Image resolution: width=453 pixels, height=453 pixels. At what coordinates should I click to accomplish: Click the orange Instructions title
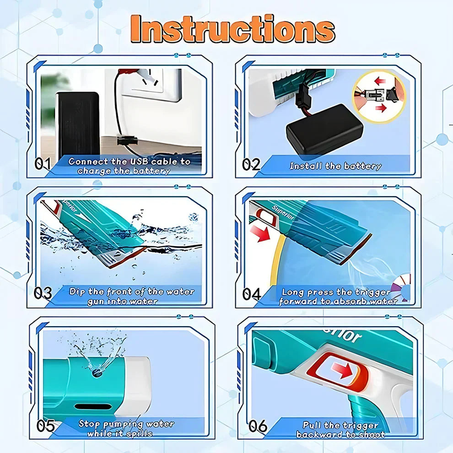233,29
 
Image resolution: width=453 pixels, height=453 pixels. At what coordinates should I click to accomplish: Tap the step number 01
43,163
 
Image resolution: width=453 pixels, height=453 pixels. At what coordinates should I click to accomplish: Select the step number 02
251,165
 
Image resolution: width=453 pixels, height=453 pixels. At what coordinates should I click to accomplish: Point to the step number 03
43,293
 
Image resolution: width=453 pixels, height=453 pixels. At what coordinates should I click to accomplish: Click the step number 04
251,294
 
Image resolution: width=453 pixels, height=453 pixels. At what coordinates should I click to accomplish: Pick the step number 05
46,426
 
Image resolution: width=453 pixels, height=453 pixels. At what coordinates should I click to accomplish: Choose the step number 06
258,426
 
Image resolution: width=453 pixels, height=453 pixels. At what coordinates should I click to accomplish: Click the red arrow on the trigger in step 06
343,370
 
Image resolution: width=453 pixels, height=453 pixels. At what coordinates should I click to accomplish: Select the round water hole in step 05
97,372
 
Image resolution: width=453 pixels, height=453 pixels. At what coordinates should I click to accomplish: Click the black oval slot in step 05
93,407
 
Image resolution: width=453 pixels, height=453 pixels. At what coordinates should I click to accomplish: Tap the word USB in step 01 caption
139,161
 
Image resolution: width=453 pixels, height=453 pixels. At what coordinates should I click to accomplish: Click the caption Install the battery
335,166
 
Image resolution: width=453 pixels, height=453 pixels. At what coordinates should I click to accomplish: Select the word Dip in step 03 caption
77,292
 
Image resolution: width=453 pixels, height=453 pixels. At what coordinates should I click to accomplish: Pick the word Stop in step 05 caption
89,424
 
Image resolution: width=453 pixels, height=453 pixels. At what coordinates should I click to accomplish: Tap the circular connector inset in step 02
379,96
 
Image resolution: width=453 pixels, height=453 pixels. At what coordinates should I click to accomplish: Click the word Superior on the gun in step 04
282,213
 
